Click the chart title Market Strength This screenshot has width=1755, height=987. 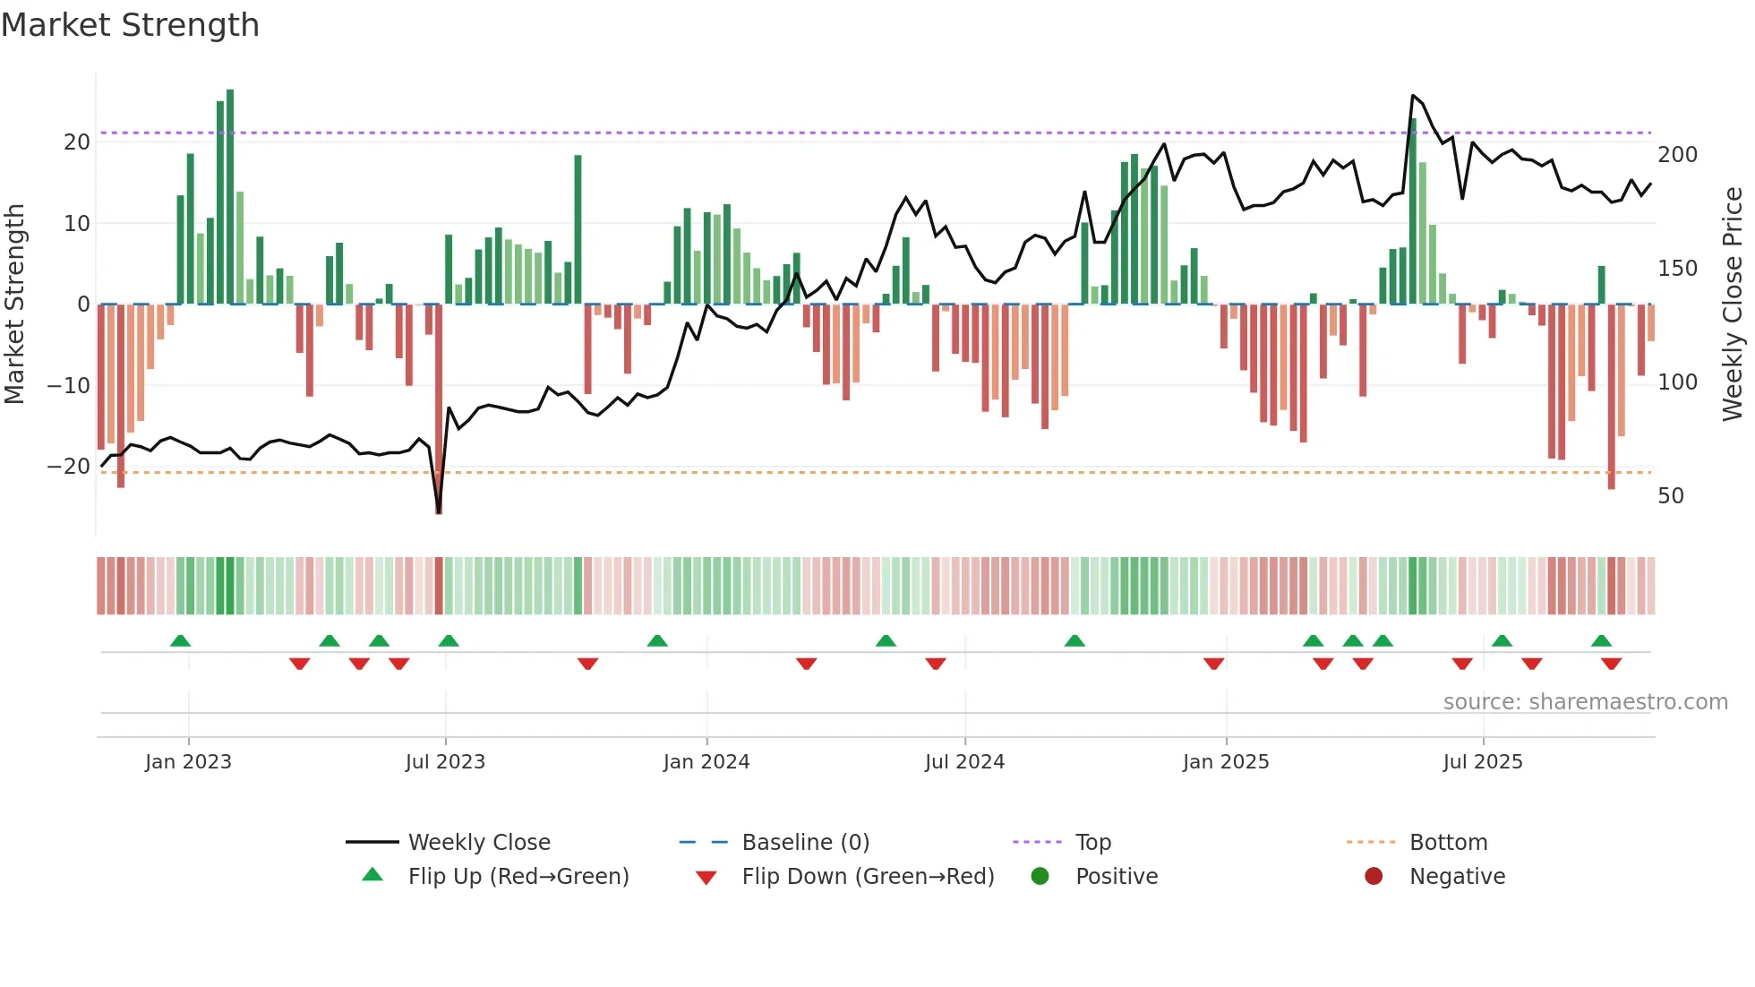tap(130, 25)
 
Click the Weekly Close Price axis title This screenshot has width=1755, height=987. tap(1733, 305)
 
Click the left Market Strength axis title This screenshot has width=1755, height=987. tap(14, 305)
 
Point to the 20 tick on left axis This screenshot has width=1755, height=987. tap(77, 142)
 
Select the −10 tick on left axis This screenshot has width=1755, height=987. tap(69, 386)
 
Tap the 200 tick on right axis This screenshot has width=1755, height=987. tap(1677, 155)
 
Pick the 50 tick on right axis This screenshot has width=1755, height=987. tap(1671, 496)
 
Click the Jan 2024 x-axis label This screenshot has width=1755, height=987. tap(706, 762)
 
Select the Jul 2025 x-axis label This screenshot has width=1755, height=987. tap(1483, 762)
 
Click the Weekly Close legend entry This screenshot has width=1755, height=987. tap(479, 843)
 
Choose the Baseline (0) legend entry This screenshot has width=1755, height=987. tap(805, 843)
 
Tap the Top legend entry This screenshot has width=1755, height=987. tap(1092, 843)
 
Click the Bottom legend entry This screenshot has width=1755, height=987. tap(1448, 843)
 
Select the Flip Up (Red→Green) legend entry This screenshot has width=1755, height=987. tap(518, 877)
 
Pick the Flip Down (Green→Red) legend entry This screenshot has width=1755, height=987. tap(868, 877)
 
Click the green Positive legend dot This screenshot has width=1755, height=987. tap(1040, 877)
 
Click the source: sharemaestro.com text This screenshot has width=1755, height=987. tap(1585, 702)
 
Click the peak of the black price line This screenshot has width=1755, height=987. tap(1413, 96)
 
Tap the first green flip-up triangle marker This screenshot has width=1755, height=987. tap(180, 640)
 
